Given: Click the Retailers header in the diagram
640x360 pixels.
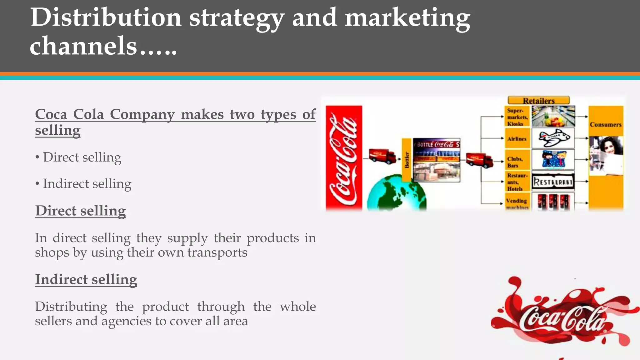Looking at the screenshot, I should pos(538,101).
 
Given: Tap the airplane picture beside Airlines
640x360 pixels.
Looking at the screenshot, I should pos(553,138).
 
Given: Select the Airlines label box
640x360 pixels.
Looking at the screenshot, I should pos(517,138).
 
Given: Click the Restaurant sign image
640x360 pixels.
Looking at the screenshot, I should pos(553,182).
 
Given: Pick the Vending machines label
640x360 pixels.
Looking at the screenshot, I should pos(517,202).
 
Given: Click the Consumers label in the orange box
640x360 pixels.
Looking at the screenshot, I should pos(605,124).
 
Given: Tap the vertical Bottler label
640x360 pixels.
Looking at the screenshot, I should pos(407,160).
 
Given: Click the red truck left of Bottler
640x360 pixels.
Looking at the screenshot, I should pos(382,156).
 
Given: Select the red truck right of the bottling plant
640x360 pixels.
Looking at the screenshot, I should pos(479,160).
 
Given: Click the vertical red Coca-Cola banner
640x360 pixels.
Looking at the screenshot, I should pos(344,158).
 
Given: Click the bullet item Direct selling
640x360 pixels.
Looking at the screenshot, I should pos(82,157).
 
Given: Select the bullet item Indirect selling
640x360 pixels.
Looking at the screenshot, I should pos(87,184).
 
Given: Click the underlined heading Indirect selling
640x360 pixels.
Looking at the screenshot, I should pos(86,279).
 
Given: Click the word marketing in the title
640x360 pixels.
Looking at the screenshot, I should pos(407,17).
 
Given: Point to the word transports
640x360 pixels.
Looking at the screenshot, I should pos(217,252).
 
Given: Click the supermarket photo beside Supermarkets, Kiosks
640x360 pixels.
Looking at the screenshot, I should pos(553,116).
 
